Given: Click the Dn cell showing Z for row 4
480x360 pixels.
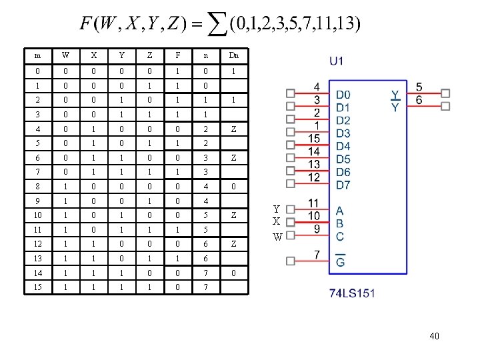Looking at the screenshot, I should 234,129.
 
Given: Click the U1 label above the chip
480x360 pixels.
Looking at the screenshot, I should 337,61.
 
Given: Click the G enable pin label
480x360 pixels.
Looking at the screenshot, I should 341,261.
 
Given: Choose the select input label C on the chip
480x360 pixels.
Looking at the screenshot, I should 340,235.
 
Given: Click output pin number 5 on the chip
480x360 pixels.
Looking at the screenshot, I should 419,87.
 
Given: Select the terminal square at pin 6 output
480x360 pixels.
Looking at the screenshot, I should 445,105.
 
